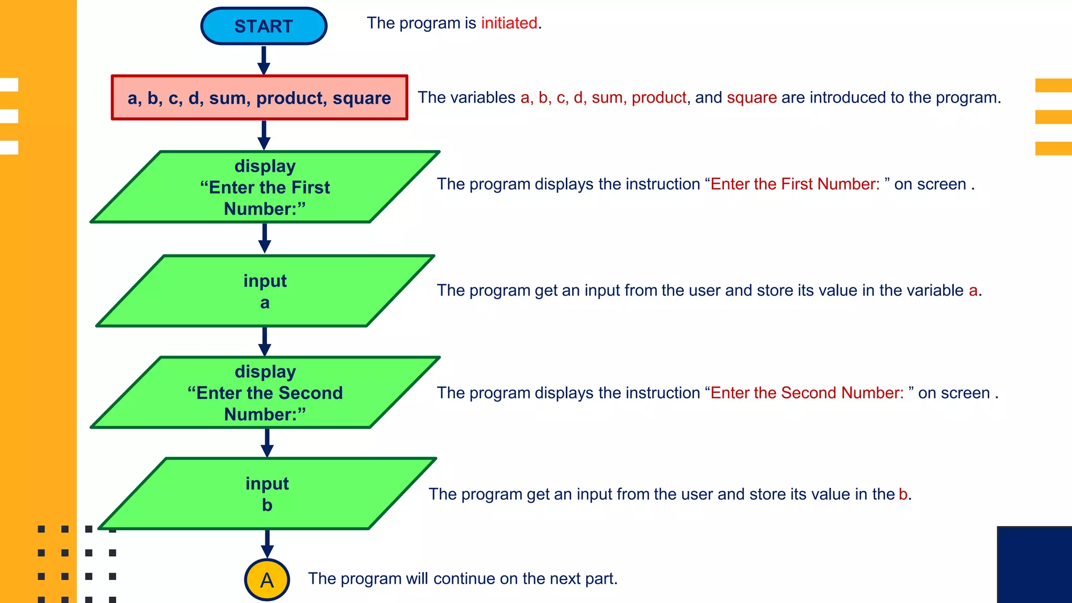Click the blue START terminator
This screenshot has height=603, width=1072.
[x=264, y=26]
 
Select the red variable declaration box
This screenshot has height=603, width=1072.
[x=259, y=98]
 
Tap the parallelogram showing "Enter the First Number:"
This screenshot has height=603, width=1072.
[x=265, y=187]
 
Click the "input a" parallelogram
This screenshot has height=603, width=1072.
[x=265, y=291]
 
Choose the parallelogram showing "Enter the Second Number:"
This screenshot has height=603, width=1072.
[x=265, y=393]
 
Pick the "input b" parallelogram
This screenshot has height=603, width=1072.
[x=267, y=494]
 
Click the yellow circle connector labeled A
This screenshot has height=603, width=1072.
[x=267, y=580]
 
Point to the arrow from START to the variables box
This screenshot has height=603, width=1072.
[x=264, y=60]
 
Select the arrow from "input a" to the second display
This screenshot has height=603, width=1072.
[x=265, y=341]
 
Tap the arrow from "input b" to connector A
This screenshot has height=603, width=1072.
[x=267, y=544]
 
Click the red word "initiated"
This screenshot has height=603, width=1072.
[x=509, y=23]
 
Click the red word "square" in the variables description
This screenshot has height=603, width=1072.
[x=752, y=97]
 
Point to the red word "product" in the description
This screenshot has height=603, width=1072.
[x=658, y=97]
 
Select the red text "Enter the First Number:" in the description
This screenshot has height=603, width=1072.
[x=795, y=184]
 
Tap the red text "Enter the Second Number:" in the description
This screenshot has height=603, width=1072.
[x=807, y=393]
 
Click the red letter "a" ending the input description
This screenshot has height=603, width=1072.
[x=973, y=291]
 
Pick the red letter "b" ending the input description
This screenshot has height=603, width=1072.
[x=903, y=494]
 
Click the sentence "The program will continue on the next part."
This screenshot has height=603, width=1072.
[x=463, y=578]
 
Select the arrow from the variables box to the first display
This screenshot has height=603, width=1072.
[x=264, y=135]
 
